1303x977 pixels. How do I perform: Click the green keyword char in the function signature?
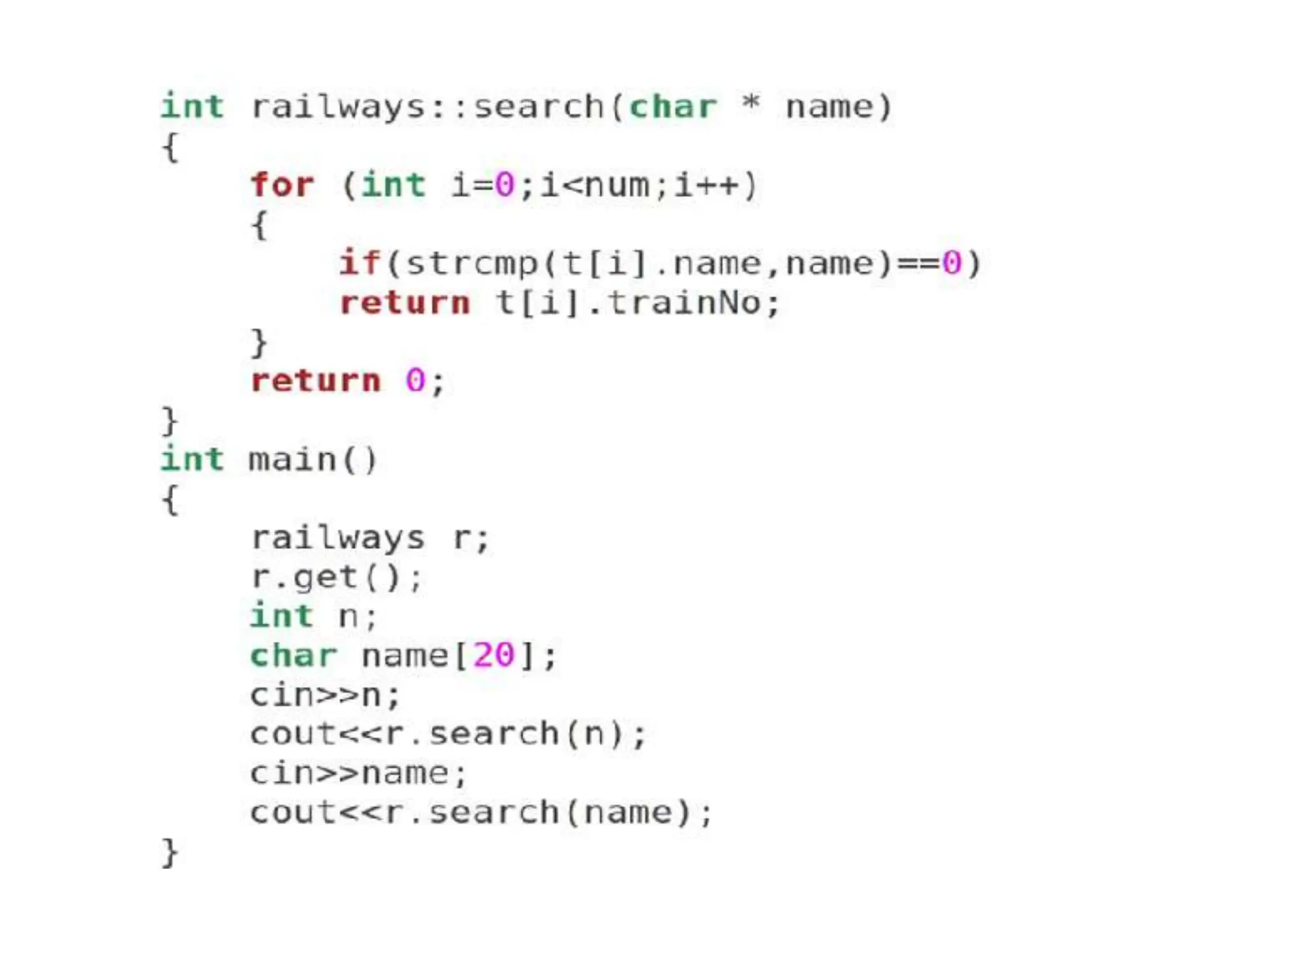(672, 107)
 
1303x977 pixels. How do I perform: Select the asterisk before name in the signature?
(751, 103)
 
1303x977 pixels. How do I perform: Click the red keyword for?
(282, 185)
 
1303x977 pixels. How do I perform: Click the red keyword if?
(359, 263)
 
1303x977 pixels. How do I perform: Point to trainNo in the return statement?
(684, 303)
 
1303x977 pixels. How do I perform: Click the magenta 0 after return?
(415, 381)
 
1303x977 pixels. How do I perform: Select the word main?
(292, 460)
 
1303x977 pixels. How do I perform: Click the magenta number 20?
(494, 655)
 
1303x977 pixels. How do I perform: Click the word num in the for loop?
(617, 186)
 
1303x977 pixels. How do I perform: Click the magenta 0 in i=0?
(505, 186)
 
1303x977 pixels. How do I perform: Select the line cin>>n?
(325, 695)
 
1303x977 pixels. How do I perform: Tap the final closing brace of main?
(169, 852)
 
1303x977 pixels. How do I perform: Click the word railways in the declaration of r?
(338, 539)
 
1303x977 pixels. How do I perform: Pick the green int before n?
(282, 616)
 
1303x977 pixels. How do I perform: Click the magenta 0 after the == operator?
(952, 263)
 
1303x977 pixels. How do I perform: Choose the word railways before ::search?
(338, 107)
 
